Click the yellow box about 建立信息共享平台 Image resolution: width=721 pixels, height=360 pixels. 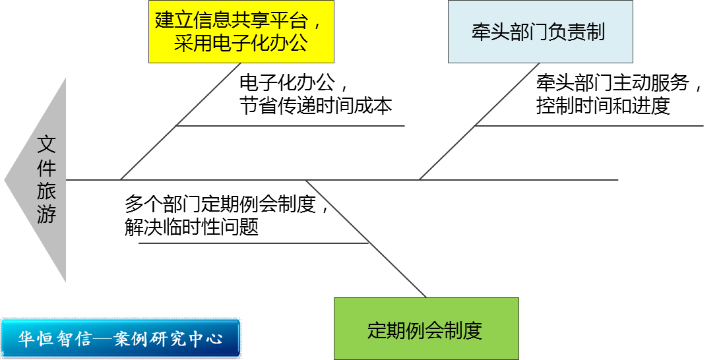pos(241,32)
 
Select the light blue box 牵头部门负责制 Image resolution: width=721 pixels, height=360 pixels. pos(540,32)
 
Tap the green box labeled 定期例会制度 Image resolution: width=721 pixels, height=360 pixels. pos(426,329)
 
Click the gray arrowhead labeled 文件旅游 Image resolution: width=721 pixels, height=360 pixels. pos(36,180)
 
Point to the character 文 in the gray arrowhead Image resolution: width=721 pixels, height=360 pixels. pos(46,145)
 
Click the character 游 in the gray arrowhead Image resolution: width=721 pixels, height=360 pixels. pos(46,214)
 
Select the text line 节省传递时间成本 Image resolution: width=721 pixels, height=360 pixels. pos(316,106)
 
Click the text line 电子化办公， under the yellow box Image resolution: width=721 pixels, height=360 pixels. pos(294,83)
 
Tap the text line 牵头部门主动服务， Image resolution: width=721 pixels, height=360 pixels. pos(619,83)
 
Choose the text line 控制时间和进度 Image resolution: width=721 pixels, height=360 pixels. pos(603,106)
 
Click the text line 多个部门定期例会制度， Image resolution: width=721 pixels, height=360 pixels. pos(227,204)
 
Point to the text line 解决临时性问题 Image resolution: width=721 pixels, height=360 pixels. pos(191,227)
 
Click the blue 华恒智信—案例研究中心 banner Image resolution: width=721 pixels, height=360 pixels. pos(121,338)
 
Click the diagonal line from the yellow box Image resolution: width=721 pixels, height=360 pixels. pos(180,121)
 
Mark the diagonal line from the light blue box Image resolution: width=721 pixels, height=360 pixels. pos(480,121)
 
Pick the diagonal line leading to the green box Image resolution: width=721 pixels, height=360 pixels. pos(366,239)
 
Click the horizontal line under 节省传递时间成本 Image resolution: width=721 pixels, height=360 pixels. pos(290,125)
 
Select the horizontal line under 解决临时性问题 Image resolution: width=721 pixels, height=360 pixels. pos(253,243)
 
